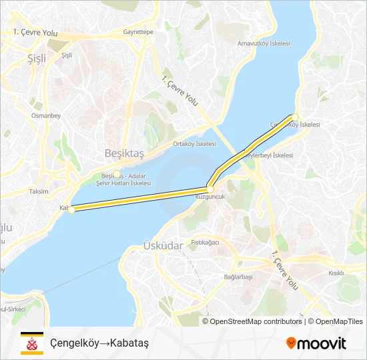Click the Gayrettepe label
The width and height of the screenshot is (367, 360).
click(x=138, y=31)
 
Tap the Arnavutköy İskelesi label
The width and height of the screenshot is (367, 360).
click(x=264, y=43)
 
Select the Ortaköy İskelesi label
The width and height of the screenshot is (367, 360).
click(x=194, y=143)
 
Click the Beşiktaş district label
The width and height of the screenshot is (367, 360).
click(x=124, y=153)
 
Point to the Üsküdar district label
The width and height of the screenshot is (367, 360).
click(x=163, y=245)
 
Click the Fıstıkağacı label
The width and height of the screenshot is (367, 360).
click(x=205, y=242)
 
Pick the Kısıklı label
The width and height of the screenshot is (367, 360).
click(x=336, y=273)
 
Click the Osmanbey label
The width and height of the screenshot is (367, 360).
click(x=46, y=115)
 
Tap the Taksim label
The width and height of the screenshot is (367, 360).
click(x=38, y=191)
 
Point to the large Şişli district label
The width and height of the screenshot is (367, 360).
click(x=37, y=59)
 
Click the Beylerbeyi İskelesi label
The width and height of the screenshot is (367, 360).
click(x=268, y=155)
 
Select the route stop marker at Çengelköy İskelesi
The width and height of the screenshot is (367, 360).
click(x=294, y=117)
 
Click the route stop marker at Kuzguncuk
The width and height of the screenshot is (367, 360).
click(x=210, y=189)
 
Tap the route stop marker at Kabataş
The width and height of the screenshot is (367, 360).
click(x=71, y=209)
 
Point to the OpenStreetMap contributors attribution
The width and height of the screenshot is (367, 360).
click(x=254, y=321)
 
